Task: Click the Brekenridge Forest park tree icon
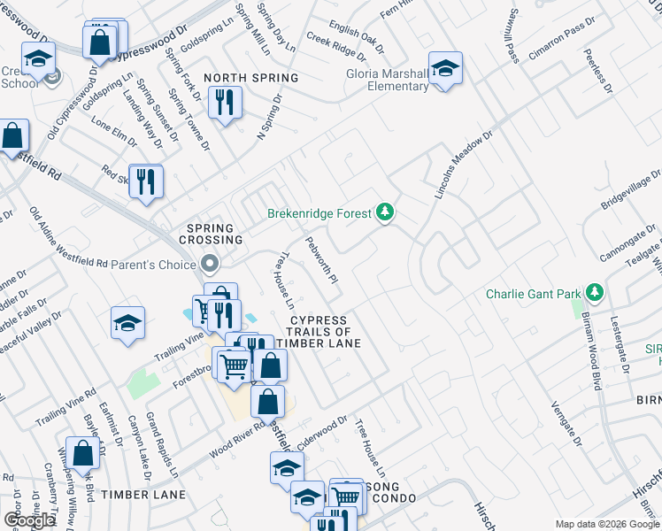(x=384, y=212)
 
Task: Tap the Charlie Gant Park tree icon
(x=596, y=293)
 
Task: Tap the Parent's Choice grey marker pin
(x=209, y=264)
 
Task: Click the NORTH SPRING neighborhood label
(x=250, y=78)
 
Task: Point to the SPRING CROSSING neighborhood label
(x=211, y=234)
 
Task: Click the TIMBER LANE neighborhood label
(x=142, y=495)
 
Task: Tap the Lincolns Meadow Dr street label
(x=462, y=165)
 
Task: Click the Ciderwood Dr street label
(x=323, y=432)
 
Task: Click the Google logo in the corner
(x=29, y=520)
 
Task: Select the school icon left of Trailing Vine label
(x=127, y=324)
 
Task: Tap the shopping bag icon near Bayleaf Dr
(x=82, y=454)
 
